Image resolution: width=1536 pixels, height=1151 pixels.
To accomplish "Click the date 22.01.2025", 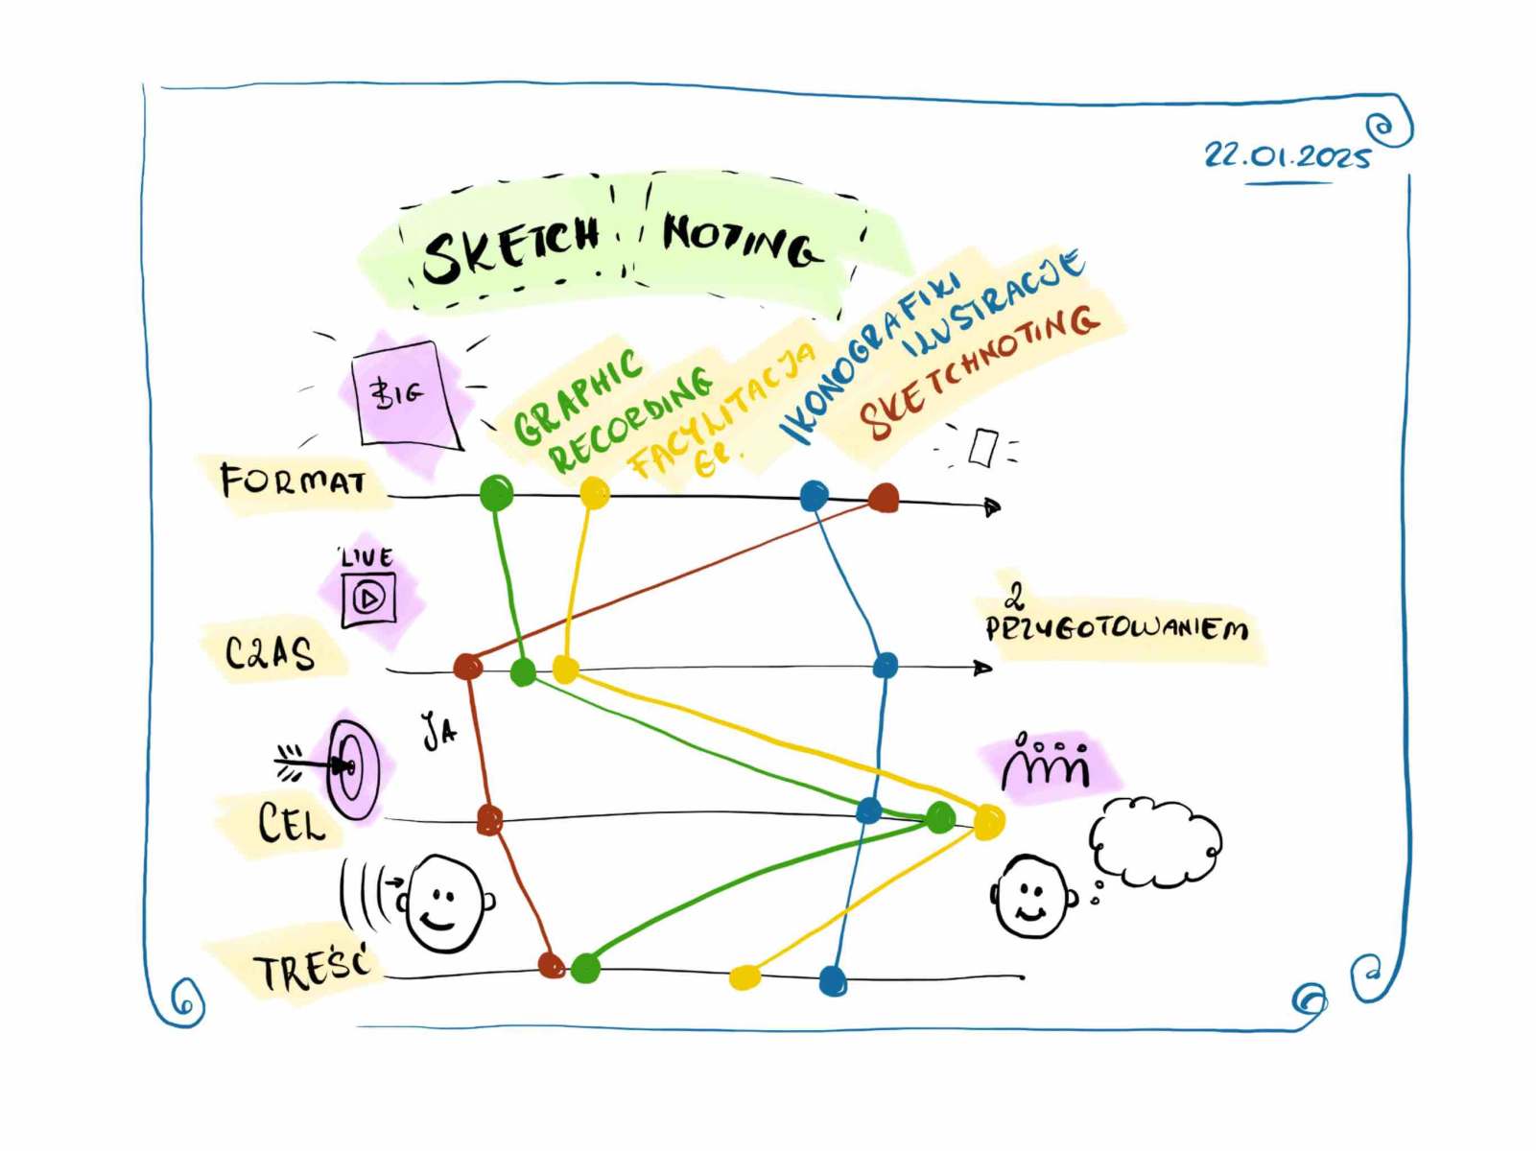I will [x=1287, y=154].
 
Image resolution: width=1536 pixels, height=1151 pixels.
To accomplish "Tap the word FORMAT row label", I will [x=293, y=480].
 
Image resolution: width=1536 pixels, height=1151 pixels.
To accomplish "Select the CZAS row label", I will [x=270, y=652].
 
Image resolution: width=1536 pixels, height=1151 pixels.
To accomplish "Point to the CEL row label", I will [x=291, y=823].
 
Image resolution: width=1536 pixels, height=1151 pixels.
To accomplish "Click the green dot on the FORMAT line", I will [x=496, y=493].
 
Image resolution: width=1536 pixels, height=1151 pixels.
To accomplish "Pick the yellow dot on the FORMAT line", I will [x=595, y=493].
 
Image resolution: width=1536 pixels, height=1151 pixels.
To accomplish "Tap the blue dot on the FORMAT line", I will [x=814, y=495].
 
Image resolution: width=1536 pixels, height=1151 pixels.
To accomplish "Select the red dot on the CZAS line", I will [x=468, y=665].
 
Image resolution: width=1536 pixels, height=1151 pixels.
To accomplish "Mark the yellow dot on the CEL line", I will [x=988, y=821].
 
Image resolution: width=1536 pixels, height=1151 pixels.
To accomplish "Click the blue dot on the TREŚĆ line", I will [x=833, y=980].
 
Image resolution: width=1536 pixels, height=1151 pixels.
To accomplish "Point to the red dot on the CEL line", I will [x=489, y=820].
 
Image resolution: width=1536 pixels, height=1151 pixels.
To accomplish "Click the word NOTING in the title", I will [x=741, y=240].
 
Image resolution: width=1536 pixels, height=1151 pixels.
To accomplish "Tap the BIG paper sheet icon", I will [x=405, y=393].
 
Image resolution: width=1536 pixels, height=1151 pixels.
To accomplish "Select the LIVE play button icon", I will [x=369, y=599].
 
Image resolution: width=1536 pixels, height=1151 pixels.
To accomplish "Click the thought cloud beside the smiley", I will [x=1155, y=841].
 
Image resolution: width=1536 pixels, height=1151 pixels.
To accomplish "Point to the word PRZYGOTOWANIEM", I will [x=1117, y=629].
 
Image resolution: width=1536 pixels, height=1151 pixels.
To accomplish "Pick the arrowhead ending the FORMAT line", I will [x=992, y=506].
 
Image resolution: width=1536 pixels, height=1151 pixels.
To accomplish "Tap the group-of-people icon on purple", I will [x=1048, y=763].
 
